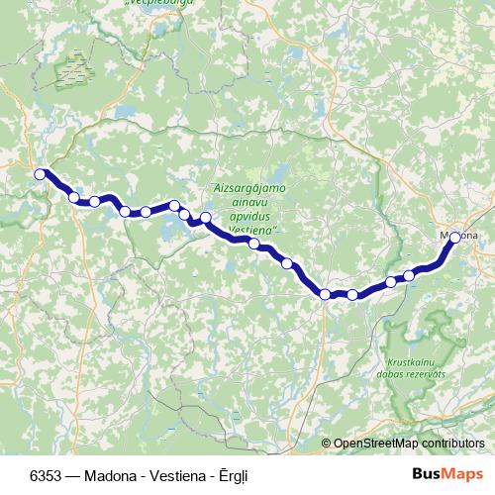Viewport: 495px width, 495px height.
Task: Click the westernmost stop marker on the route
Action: coord(41,174)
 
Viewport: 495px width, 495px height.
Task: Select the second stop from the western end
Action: coord(74,197)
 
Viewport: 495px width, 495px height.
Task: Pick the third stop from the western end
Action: coord(95,201)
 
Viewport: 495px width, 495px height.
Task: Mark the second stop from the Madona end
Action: coord(409,275)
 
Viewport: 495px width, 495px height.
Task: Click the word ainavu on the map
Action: coord(244,201)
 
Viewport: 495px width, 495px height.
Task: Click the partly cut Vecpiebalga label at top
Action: coord(157,4)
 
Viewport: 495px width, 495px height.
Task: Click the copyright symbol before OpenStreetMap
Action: coord(327,444)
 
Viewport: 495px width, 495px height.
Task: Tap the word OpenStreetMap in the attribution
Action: coord(375,444)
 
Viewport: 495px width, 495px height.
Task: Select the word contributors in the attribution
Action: coord(452,444)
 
